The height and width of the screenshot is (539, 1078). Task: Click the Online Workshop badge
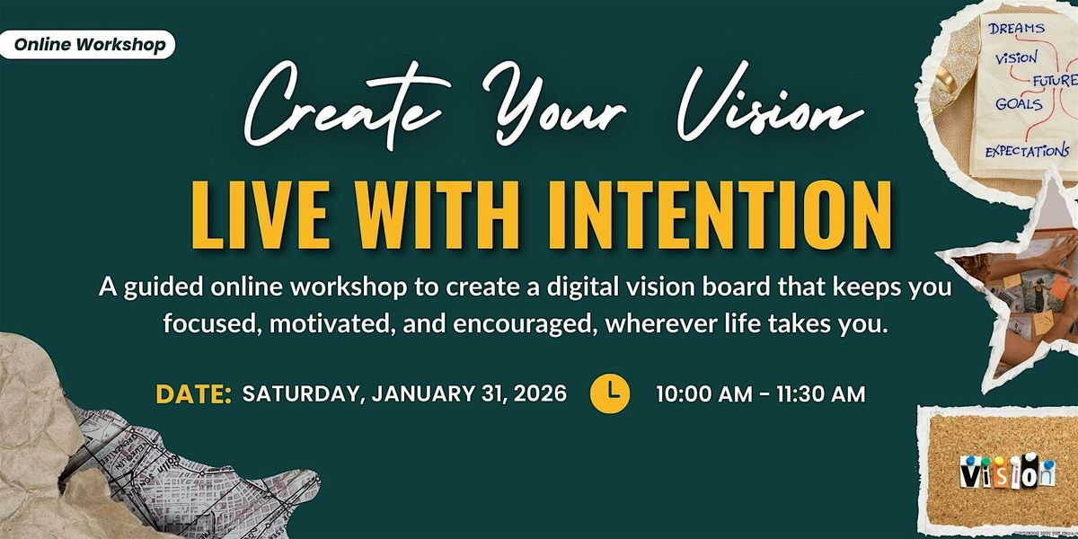tap(86, 45)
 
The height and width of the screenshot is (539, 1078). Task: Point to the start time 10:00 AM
tap(702, 394)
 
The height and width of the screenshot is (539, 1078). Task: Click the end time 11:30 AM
tap(816, 394)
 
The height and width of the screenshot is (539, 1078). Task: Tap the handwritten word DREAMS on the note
tap(1018, 30)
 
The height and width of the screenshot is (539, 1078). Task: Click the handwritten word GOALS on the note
tap(1018, 104)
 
